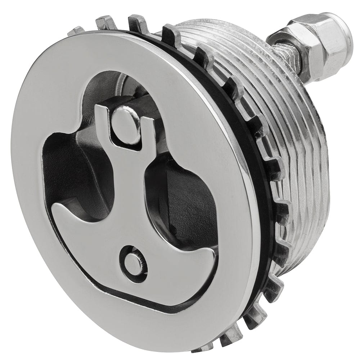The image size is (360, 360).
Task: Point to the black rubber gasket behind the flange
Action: [248, 144]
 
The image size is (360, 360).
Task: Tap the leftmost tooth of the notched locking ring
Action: [76, 30]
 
